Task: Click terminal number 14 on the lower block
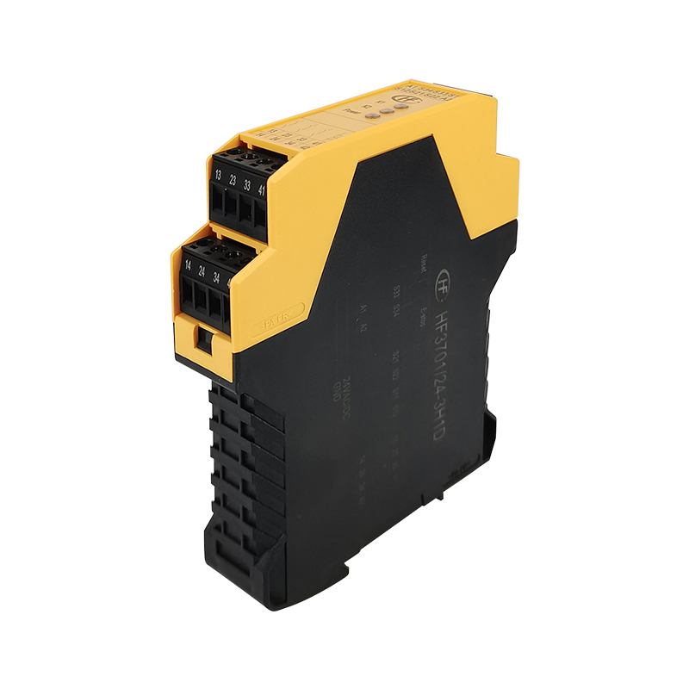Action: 188,265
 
